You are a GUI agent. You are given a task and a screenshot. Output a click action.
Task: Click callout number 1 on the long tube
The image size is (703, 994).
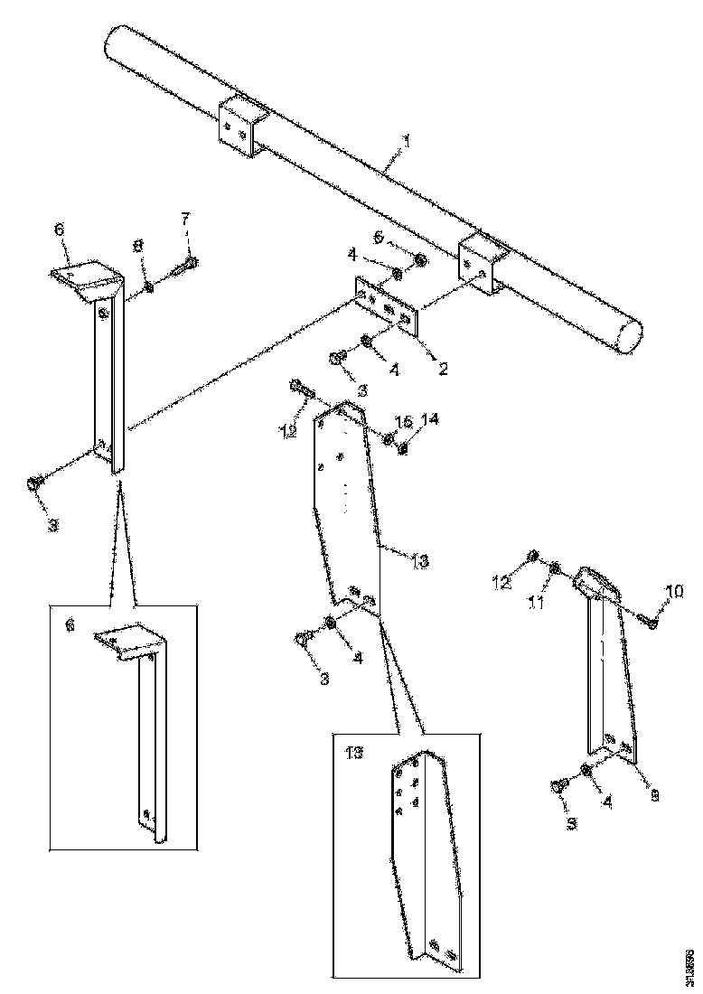point(407,142)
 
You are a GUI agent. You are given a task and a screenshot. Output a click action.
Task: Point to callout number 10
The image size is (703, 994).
point(675,592)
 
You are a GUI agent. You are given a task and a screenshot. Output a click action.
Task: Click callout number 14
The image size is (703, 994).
point(430,420)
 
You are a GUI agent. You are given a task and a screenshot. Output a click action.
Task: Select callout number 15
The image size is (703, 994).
point(405,422)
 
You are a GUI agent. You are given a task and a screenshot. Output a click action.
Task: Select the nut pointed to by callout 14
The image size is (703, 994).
point(403,445)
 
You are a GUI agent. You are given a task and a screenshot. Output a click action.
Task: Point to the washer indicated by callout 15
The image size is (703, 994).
point(388,439)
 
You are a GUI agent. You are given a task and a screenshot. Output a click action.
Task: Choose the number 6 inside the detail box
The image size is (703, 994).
point(69,624)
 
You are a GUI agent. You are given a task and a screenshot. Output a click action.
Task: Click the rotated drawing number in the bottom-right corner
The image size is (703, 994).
point(689,964)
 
